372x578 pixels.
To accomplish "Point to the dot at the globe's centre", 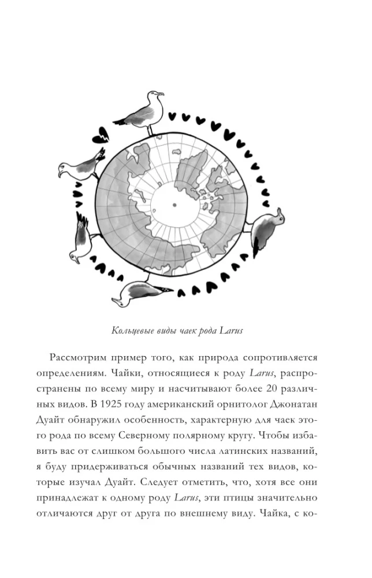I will (x=173, y=204).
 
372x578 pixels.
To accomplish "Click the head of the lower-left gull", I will (x=73, y=257).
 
